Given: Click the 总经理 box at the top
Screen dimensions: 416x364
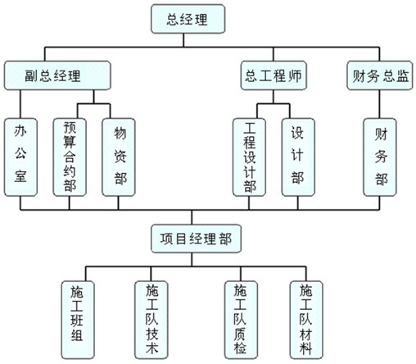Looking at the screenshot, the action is [188, 19].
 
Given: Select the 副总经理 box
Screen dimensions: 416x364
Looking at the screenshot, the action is [57, 75].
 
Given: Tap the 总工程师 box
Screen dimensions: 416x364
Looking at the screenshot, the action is [274, 75].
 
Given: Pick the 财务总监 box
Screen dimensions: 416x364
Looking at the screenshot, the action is [380, 75].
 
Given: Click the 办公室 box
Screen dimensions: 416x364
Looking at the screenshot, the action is [20, 157].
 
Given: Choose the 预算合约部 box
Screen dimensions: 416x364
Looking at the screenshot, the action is [70, 157].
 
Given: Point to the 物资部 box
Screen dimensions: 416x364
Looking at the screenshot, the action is [119, 157].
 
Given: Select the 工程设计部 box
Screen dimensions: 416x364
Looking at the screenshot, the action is [249, 157].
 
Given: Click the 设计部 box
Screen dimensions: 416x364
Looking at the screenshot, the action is [298, 157].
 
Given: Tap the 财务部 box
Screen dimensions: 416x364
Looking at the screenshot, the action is [380, 157].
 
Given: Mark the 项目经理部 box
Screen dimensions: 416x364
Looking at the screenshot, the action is [197, 239].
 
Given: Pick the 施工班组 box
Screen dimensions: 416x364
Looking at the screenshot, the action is [78, 320].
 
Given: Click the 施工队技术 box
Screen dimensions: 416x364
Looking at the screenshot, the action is [151, 320].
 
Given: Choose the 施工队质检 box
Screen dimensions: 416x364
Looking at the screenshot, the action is [241, 320].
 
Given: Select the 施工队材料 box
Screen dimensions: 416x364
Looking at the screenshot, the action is [306, 320].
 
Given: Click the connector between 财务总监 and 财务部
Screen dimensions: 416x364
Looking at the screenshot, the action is [379, 104].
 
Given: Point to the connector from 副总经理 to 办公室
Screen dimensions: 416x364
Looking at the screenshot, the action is [20, 104].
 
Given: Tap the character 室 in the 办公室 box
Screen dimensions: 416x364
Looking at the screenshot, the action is [20, 175].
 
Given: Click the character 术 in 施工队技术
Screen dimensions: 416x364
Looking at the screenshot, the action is [151, 348].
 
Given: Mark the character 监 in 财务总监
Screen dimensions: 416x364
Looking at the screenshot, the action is [403, 75].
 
